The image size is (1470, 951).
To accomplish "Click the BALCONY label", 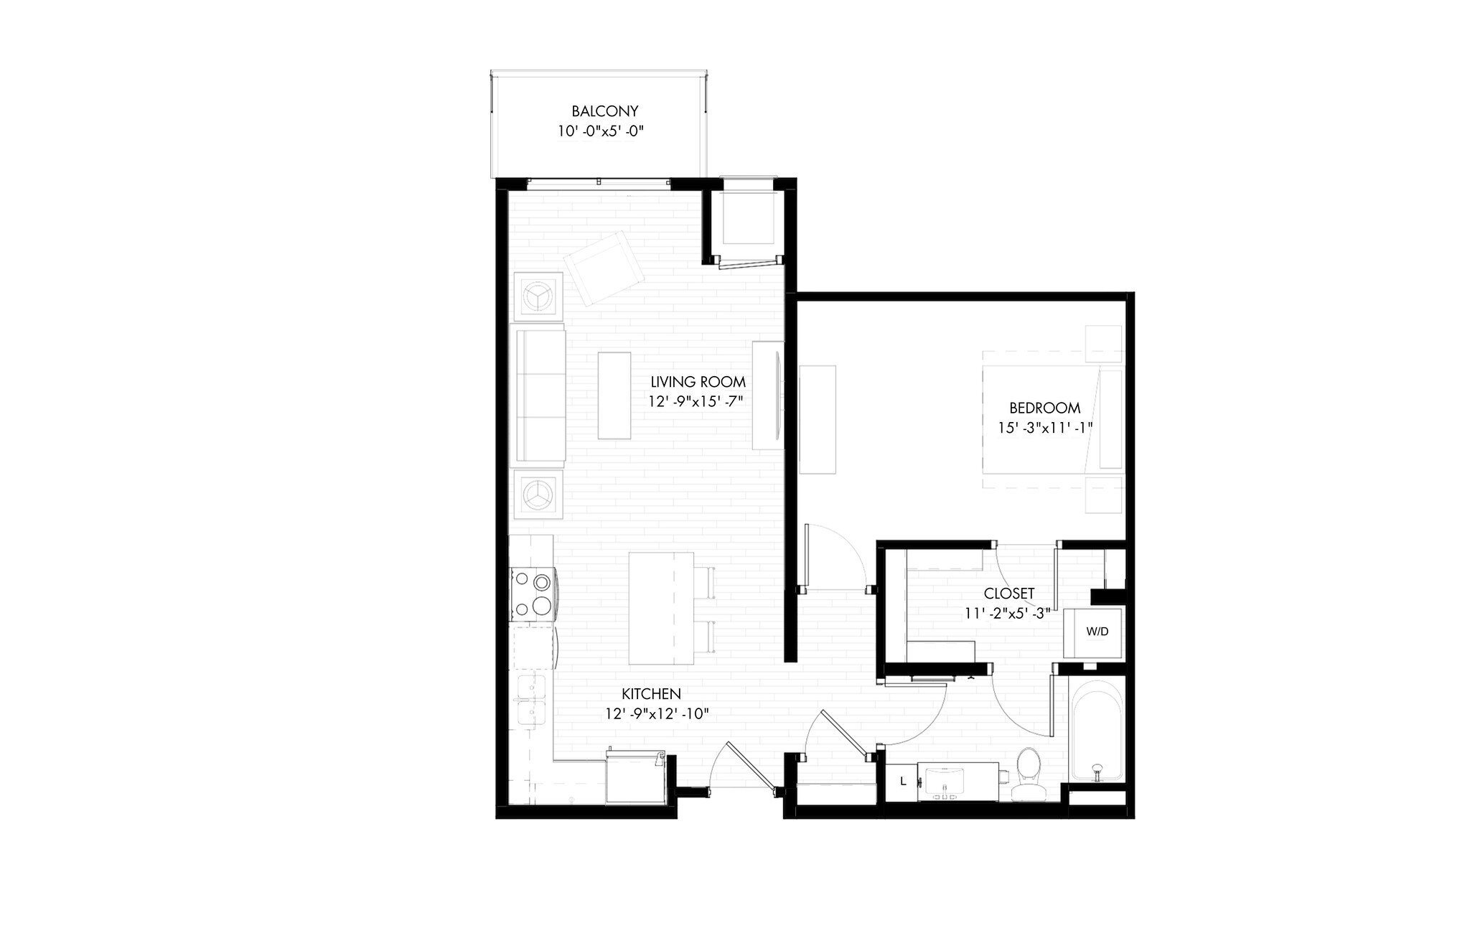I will click(604, 111).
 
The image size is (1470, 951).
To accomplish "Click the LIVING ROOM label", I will click(698, 382).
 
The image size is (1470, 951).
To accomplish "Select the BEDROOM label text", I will click(1044, 408).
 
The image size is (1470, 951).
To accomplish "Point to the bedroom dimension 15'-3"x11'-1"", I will click(1044, 428).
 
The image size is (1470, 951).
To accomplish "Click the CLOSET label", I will click(1008, 594).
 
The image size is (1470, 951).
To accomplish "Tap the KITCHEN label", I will click(650, 694).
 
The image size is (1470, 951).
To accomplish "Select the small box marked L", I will click(903, 781).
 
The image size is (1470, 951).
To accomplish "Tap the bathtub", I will click(1095, 731).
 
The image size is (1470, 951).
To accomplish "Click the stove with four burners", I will click(532, 594).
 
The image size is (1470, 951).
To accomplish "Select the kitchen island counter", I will click(660, 609).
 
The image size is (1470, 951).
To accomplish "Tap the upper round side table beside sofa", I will click(538, 295).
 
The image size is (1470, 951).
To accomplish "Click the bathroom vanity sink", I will click(946, 782).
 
